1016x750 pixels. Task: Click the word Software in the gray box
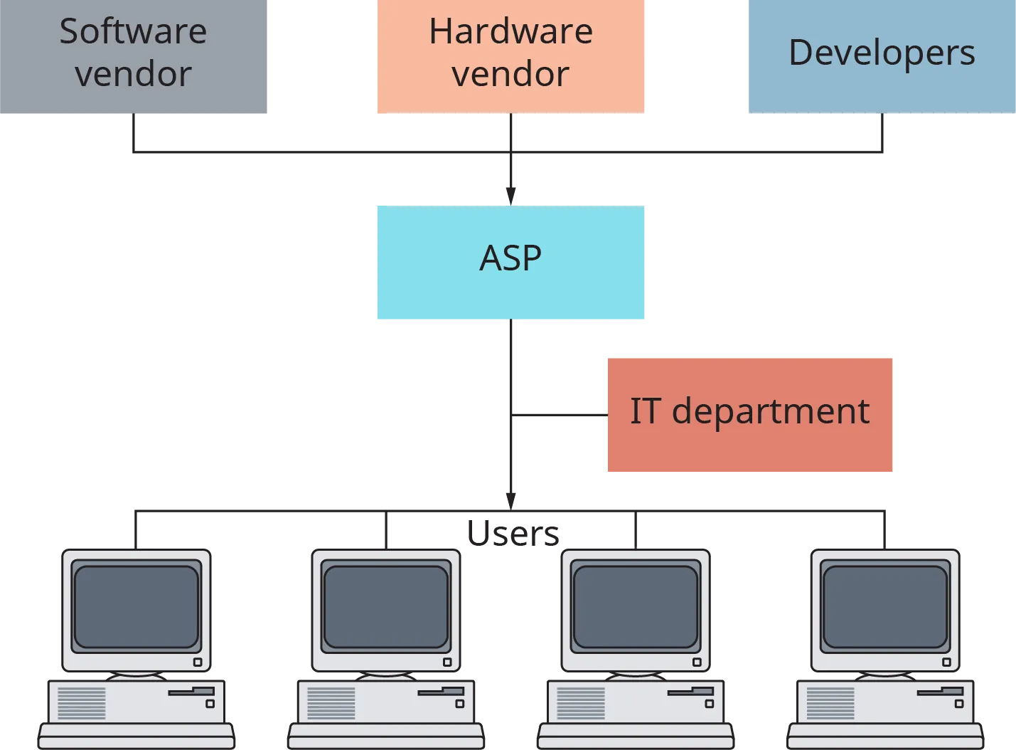[133, 32]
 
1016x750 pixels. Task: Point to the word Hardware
[510, 32]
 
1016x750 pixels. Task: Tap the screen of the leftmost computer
[136, 606]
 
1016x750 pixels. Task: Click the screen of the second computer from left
[385, 606]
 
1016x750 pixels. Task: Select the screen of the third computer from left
[635, 606]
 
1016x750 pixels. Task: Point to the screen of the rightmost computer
[884, 606]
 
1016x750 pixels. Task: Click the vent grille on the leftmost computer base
[81, 703]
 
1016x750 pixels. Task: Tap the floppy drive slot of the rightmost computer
[939, 692]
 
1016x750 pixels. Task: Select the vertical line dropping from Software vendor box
[134, 132]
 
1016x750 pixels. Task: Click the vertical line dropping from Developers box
[882, 132]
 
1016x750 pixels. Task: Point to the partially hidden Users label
[514, 532]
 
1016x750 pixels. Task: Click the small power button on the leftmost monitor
[198, 662]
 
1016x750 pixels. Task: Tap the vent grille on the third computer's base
[580, 703]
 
